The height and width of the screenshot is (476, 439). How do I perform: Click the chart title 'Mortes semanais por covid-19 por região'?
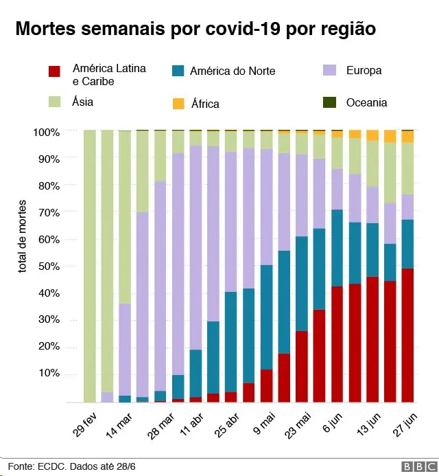[195, 30]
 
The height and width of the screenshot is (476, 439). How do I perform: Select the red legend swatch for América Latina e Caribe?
[55, 71]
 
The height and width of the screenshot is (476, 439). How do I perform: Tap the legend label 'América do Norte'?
[232, 71]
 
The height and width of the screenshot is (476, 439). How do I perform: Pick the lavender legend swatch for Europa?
[329, 70]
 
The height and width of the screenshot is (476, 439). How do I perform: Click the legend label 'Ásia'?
[82, 102]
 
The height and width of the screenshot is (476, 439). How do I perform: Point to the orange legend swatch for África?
[178, 104]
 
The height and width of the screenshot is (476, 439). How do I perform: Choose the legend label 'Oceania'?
[366, 102]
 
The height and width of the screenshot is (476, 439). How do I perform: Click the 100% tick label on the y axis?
[47, 132]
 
